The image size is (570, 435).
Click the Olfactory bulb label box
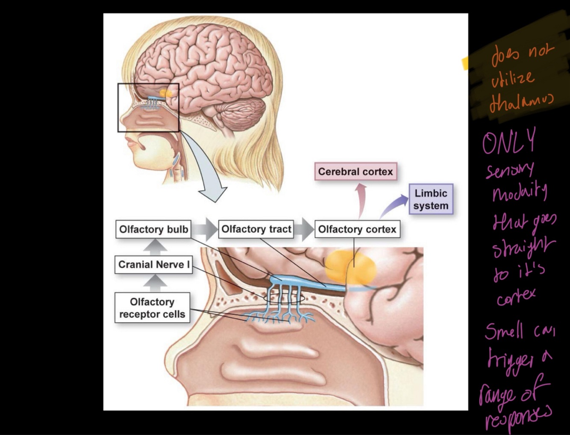point(153,229)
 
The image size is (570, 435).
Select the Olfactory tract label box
point(256,229)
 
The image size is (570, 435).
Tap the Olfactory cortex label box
point(357,229)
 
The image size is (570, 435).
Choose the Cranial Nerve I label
point(154,265)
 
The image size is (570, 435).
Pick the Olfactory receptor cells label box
point(152,308)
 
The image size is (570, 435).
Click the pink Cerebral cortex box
point(356,172)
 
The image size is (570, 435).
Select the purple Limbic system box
point(431,199)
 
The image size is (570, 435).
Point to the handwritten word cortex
point(516,296)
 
